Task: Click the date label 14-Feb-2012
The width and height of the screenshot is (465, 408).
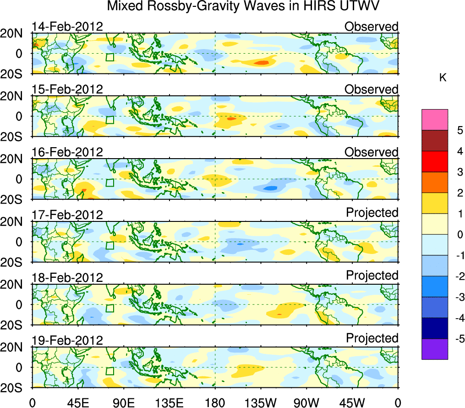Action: pos(67,26)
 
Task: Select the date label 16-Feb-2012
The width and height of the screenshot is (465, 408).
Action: pos(67,152)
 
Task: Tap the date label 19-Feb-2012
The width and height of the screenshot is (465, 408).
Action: pos(67,340)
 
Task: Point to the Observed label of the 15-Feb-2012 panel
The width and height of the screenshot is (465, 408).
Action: pos(372,89)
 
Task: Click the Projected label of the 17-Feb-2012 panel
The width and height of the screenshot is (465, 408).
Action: pos(372,213)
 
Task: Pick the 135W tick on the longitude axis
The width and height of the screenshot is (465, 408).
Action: pos(261,402)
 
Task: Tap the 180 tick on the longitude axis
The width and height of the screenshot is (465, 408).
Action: pos(215,402)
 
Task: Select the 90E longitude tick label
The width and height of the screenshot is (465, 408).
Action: pos(123,402)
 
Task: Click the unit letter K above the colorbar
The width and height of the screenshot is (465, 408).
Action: pos(443,78)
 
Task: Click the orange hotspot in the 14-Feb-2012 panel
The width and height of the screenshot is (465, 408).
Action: pos(262,62)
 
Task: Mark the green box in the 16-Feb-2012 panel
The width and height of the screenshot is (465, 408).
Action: pos(109,182)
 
